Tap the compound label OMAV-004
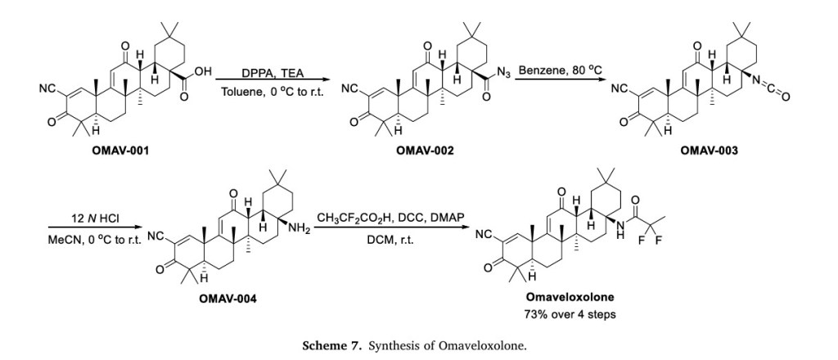pyautogui.click(x=228, y=299)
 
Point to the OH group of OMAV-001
pyautogui.click(x=204, y=73)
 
